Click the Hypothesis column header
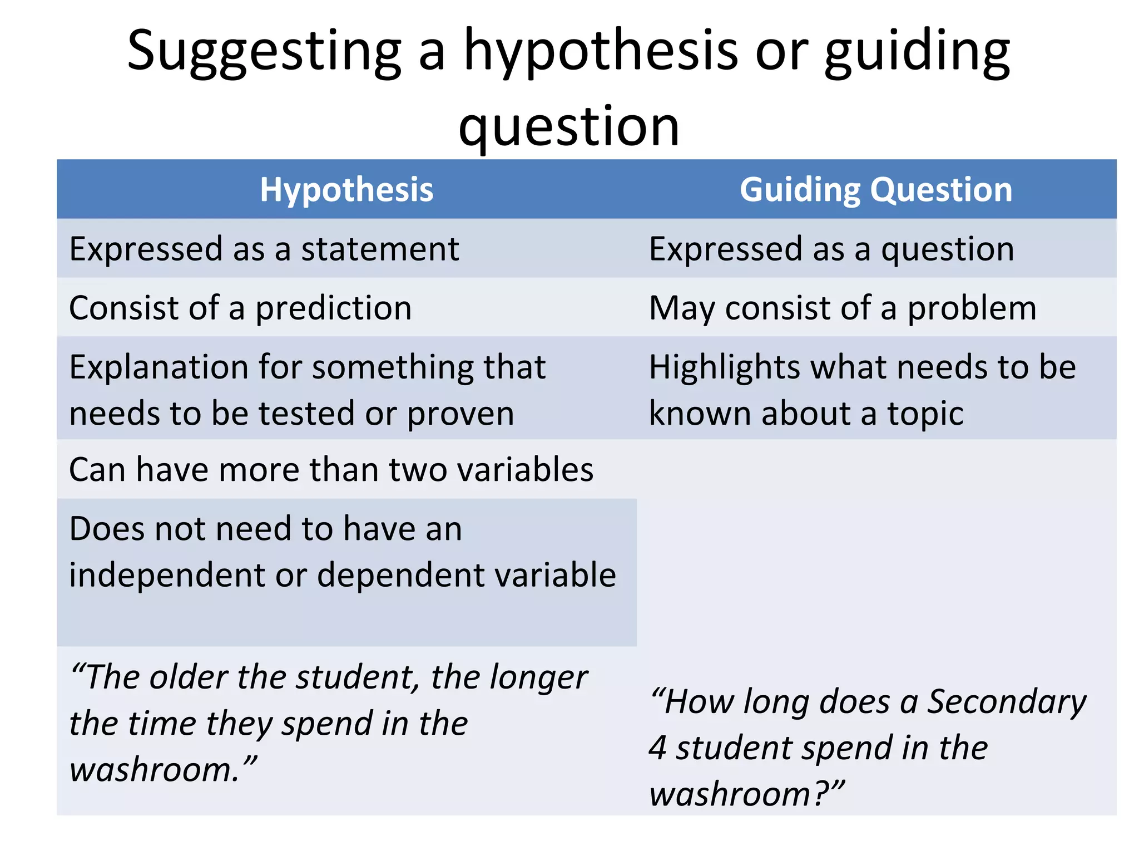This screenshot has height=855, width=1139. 346,190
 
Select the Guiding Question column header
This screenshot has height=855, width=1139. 876,190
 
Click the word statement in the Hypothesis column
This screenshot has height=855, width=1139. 380,249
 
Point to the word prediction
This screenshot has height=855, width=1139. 333,308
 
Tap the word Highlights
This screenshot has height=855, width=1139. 724,367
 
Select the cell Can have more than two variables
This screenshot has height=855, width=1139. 331,469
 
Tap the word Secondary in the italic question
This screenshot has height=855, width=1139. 1006,701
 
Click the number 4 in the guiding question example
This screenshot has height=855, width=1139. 657,748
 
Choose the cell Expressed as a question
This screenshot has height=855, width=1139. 831,249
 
